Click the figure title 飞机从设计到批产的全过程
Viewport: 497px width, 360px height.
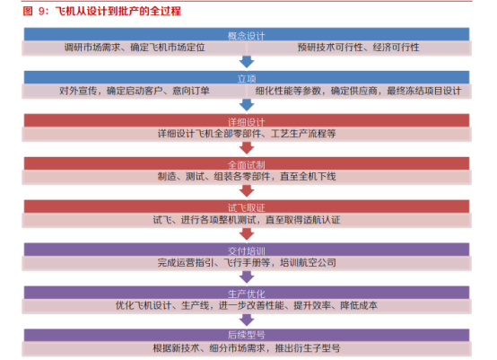[x=118, y=11]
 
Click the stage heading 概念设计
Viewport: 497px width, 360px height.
[x=247, y=36]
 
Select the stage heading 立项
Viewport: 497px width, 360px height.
[x=247, y=79]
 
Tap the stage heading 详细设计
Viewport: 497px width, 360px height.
[x=247, y=122]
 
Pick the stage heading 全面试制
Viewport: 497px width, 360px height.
[x=247, y=165]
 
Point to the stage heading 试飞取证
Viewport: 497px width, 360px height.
[x=247, y=207]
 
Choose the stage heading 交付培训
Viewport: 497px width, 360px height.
[x=247, y=250]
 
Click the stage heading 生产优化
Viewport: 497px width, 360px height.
[x=247, y=294]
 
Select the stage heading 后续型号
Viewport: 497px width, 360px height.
[x=247, y=335]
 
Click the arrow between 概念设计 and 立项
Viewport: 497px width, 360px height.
[x=247, y=62]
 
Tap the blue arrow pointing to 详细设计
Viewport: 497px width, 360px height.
[x=247, y=105]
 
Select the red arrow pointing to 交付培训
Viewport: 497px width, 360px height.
[x=247, y=234]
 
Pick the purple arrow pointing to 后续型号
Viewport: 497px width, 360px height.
[x=247, y=320]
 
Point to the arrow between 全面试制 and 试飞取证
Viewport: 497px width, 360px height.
[x=247, y=191]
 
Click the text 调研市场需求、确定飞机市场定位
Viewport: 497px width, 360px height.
[x=135, y=48]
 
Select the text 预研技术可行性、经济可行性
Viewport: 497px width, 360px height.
[x=359, y=48]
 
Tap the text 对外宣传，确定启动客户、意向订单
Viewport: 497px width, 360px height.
[x=135, y=91]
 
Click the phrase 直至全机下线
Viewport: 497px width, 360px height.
[x=308, y=176]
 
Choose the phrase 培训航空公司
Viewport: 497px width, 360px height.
[x=308, y=263]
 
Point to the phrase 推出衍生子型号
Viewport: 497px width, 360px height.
[x=308, y=348]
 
